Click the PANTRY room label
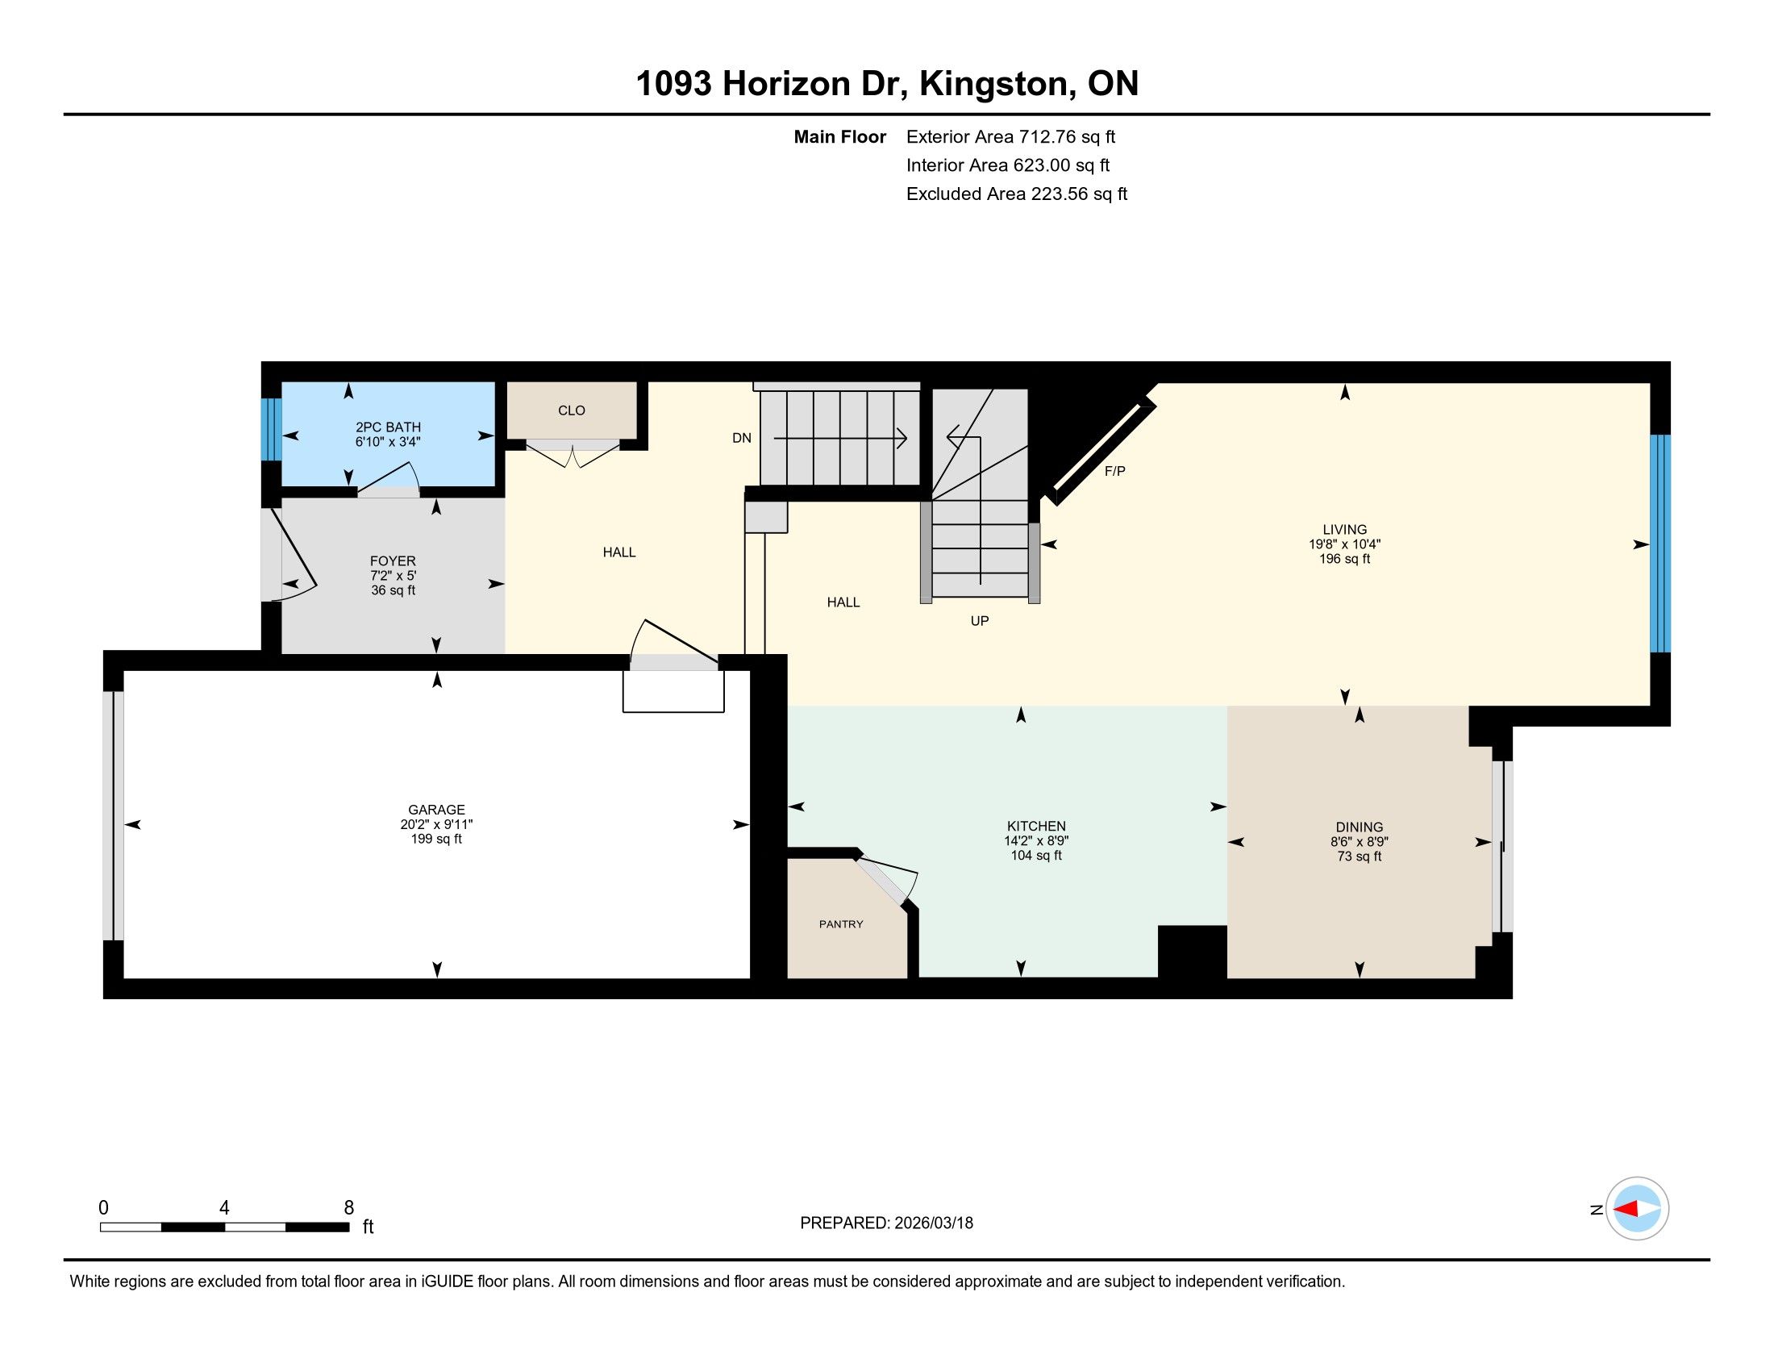coord(841,923)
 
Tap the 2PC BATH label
coord(389,427)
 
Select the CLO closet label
coord(571,410)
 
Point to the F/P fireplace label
coord(1114,471)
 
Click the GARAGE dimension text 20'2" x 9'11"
coord(436,823)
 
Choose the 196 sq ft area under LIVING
coord(1344,559)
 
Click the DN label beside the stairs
coord(742,438)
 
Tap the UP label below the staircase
coord(980,620)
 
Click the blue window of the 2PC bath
coord(271,429)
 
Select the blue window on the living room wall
coord(1660,544)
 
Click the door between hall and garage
coord(674,647)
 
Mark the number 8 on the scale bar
coord(349,1208)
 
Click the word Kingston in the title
coord(993,84)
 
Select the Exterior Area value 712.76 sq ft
coord(1067,136)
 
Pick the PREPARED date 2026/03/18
coord(933,1223)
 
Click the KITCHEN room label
coord(1035,826)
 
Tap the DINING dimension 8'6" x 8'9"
coord(1359,841)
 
